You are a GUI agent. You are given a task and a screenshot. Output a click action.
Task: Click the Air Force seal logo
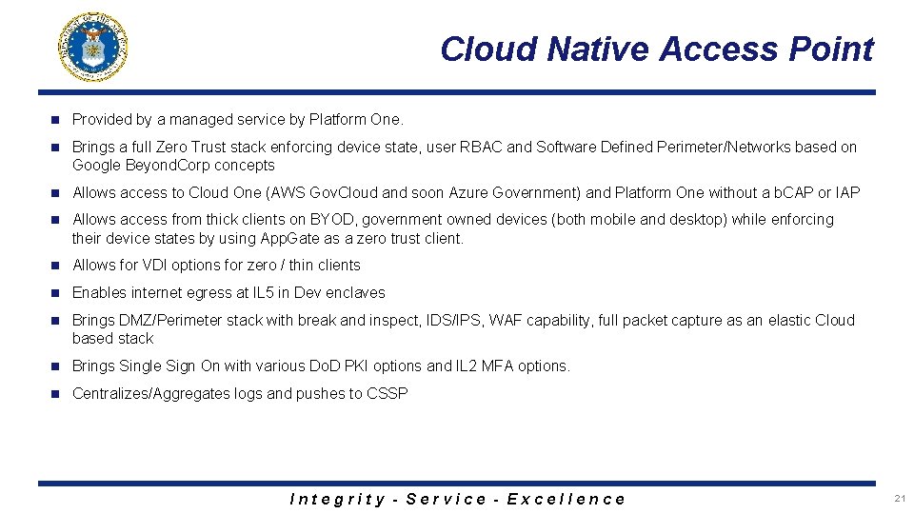[93, 47]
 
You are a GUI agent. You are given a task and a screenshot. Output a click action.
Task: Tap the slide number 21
[900, 498]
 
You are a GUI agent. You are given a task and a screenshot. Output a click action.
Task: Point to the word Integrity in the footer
[337, 499]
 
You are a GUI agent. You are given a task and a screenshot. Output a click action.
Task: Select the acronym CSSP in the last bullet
[387, 394]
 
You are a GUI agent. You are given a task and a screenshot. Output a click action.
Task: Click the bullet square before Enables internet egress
[55, 293]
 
